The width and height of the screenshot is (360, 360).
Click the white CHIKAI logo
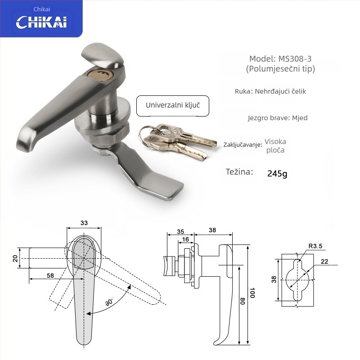click(41, 22)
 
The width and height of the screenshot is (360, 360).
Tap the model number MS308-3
click(295, 59)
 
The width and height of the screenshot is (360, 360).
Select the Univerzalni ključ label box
click(173, 106)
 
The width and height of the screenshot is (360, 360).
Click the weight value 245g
click(277, 174)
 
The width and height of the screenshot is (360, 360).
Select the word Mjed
click(300, 118)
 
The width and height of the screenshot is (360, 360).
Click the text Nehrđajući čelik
click(280, 91)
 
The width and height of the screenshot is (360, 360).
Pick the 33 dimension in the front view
click(84, 223)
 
